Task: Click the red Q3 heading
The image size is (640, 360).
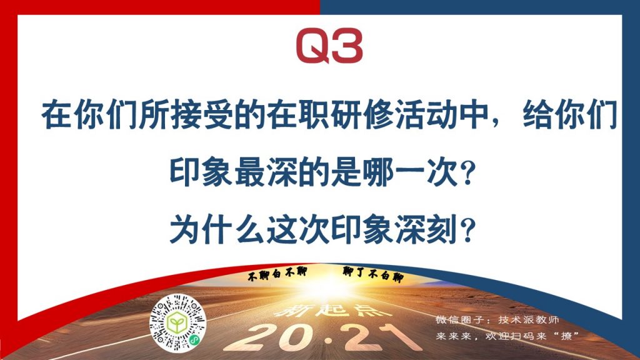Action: [329, 46]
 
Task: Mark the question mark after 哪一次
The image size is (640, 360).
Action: [467, 173]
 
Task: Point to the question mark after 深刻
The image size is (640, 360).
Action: [467, 230]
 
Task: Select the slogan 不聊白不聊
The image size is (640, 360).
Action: [277, 274]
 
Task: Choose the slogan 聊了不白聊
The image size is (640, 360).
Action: [373, 274]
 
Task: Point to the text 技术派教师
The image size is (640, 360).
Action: [529, 319]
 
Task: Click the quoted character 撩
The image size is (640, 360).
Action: [566, 336]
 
